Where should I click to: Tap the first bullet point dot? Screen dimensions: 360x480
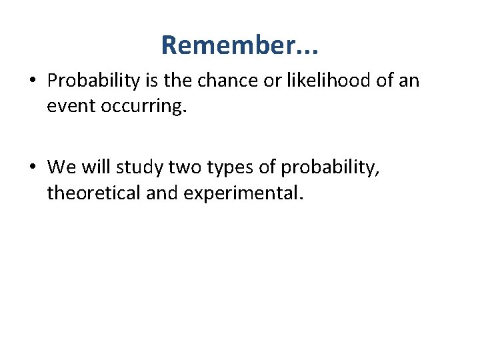(33, 81)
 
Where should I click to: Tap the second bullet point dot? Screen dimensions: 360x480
(33, 167)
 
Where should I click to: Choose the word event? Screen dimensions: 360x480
(69, 106)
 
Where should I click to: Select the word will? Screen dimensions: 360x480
(97, 166)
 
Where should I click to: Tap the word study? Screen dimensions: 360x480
(141, 167)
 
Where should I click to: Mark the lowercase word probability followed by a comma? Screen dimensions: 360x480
(330, 167)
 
